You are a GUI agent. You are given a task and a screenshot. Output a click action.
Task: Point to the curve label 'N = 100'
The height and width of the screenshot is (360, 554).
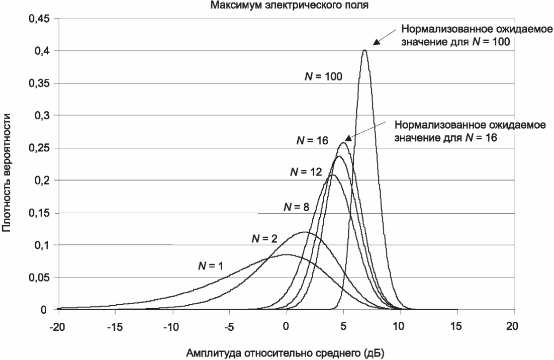pyautogui.click(x=324, y=77)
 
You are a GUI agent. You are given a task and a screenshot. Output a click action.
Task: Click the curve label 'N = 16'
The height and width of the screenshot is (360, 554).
pyautogui.click(x=312, y=141)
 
